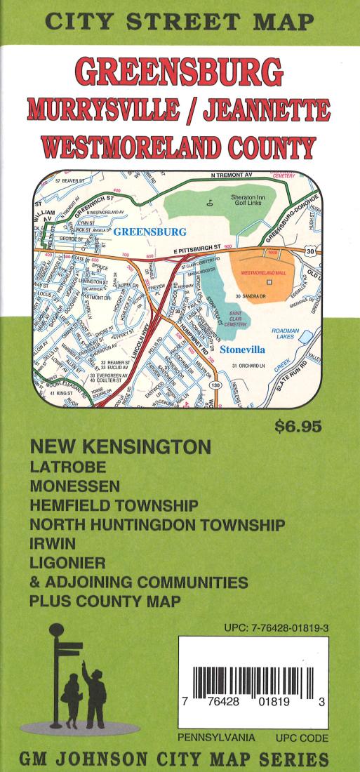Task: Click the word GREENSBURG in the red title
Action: tap(179, 72)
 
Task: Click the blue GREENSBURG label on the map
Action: tap(149, 231)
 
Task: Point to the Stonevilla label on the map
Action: tap(241, 349)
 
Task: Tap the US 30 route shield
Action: tap(309, 260)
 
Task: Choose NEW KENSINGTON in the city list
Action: tap(120, 447)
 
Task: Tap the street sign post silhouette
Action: tap(56, 674)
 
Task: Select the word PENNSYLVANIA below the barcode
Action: tap(216, 738)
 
